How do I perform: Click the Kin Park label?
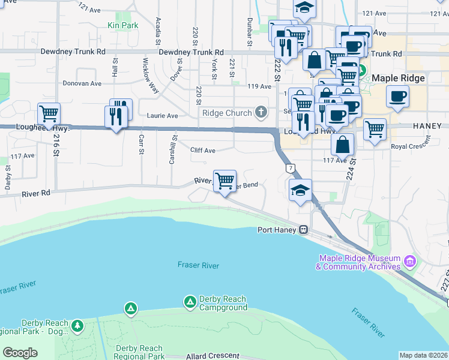click(x=123, y=25)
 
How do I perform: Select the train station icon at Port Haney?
click(x=304, y=230)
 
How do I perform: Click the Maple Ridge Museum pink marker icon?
click(x=410, y=262)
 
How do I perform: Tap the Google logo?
click(x=20, y=353)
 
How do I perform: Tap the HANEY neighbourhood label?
click(x=427, y=126)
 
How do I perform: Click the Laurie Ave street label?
click(x=163, y=115)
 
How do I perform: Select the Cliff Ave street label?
click(x=202, y=151)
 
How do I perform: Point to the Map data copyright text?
click(x=423, y=355)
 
